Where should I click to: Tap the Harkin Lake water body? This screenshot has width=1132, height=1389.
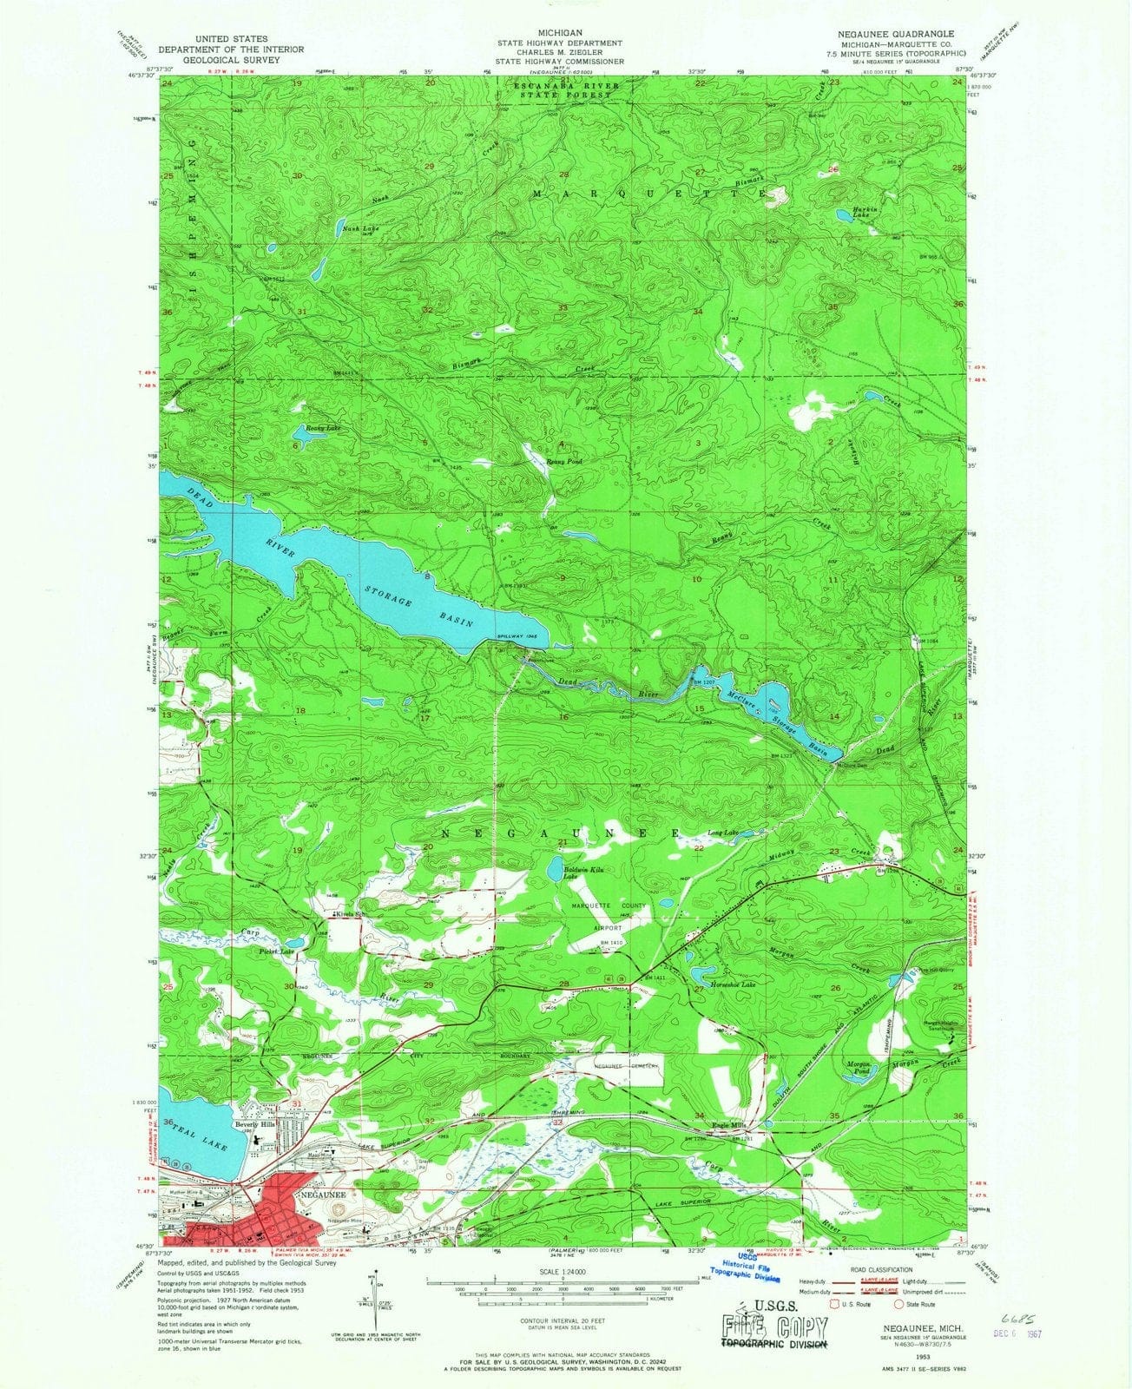(x=843, y=213)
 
